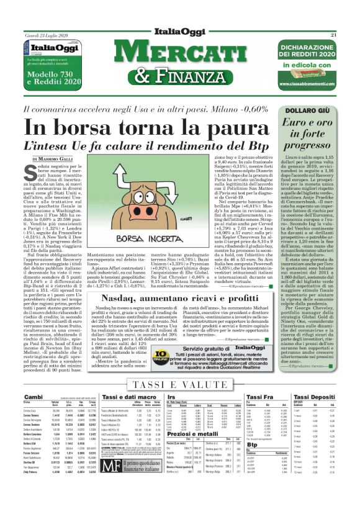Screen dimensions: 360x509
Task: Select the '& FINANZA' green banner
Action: (x=180, y=79)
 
